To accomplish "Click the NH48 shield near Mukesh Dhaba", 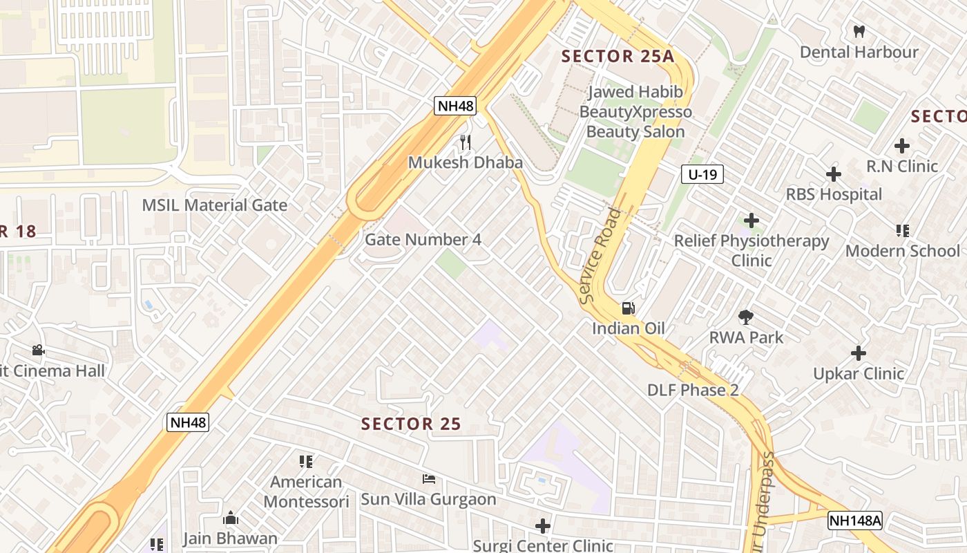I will (455, 106).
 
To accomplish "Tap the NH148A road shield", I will (855, 521).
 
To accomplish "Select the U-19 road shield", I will (702, 175).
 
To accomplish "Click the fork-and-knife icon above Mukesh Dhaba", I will (466, 142).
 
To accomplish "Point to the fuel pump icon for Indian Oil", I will (628, 308).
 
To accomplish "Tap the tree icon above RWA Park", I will (745, 317).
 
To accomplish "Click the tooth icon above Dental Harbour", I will (859, 31).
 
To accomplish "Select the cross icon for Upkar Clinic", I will (858, 353).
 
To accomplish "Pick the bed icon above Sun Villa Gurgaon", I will (428, 479).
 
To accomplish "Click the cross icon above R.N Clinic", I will (901, 146).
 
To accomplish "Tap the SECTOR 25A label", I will (617, 57).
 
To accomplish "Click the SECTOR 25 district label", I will (411, 424).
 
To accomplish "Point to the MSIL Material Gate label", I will (214, 205).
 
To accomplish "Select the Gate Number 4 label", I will (423, 240).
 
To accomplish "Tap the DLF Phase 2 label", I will (693, 390).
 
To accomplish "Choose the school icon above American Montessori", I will (305, 461).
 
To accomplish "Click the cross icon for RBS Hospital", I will (834, 174).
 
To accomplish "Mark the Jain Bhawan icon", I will (230, 518).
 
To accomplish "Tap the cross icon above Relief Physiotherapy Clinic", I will (751, 221).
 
